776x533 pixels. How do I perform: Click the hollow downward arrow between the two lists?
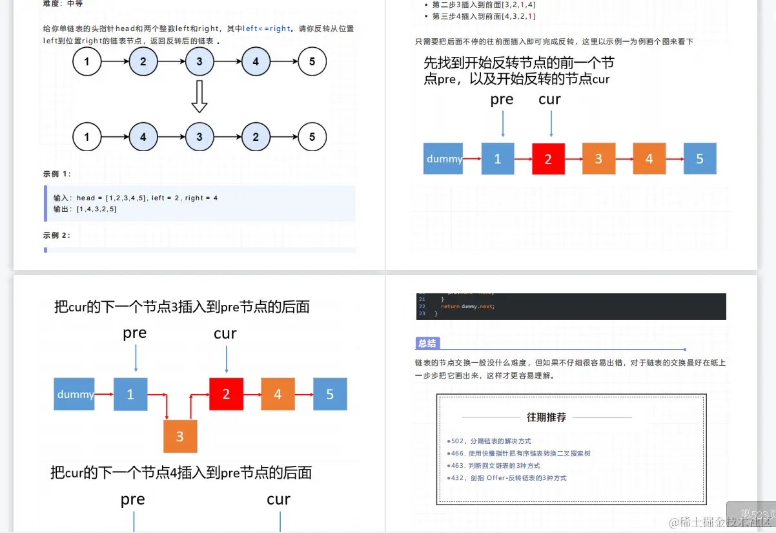click(x=199, y=97)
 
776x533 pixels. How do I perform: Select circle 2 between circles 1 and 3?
click(x=143, y=62)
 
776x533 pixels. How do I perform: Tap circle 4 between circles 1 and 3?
click(x=143, y=136)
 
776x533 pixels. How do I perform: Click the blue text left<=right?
click(x=267, y=28)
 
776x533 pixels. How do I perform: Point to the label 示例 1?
click(x=57, y=174)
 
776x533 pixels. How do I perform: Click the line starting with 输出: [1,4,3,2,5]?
click(x=85, y=209)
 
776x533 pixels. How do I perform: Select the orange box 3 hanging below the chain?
click(x=180, y=436)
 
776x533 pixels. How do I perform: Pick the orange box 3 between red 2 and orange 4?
click(x=598, y=159)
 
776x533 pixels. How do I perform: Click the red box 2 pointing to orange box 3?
click(x=548, y=159)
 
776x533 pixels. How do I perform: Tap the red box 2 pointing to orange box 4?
click(x=226, y=394)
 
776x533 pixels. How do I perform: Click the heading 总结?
click(x=427, y=343)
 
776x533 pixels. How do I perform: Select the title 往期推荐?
click(x=546, y=417)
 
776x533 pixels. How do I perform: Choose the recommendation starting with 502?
click(x=491, y=441)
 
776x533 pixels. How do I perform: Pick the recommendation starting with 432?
click(x=508, y=478)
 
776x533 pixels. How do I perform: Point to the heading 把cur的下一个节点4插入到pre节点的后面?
click(x=181, y=473)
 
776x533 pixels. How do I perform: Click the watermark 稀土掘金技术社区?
click(x=720, y=521)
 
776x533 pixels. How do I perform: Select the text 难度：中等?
click(x=63, y=4)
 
